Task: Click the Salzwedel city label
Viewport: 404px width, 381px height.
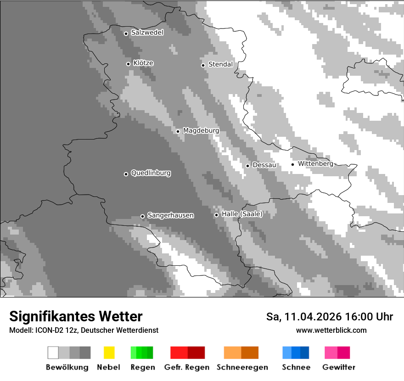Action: coord(147,33)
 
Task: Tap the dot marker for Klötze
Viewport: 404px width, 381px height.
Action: coord(128,64)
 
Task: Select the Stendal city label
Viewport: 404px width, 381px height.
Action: coord(220,64)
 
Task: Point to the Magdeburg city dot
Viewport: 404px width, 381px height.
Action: coord(178,131)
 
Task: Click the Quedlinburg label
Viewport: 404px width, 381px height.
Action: coord(151,173)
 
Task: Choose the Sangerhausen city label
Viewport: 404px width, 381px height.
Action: coord(170,215)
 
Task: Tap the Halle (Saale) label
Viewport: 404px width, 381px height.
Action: coord(242,214)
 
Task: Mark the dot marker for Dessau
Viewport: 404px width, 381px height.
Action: coord(247,166)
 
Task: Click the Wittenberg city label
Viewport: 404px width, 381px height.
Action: coord(315,163)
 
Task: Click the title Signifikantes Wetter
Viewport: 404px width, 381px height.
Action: coord(76,316)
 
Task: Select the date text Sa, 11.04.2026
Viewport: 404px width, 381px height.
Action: coord(303,317)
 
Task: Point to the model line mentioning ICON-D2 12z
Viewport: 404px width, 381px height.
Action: coord(84,330)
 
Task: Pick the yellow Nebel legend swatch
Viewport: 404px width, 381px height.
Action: coord(109,353)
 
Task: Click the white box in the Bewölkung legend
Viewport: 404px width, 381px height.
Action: coord(53,353)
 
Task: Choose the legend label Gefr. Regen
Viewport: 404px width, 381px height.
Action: coord(187,367)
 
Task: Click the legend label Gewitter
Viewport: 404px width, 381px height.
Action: coord(338,367)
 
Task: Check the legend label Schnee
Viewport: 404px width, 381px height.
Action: coord(296,367)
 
